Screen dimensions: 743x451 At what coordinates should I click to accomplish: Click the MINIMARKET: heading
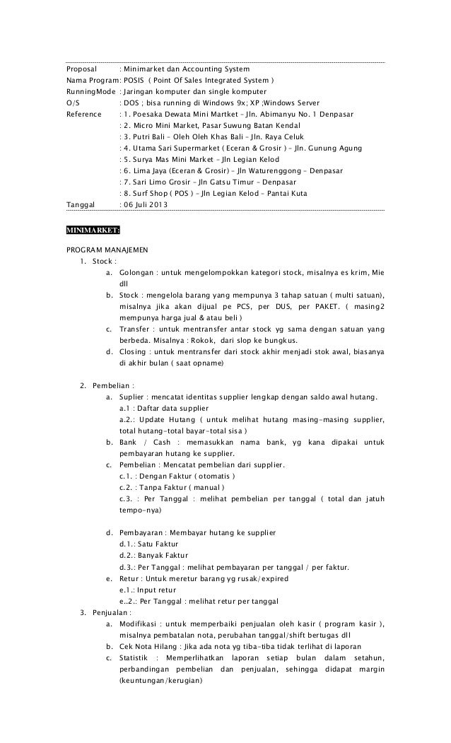pyautogui.click(x=93, y=230)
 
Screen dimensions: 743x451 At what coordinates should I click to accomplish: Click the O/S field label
pyautogui.click(x=73, y=103)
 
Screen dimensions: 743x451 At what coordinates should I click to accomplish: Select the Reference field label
pyautogui.click(x=84, y=114)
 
